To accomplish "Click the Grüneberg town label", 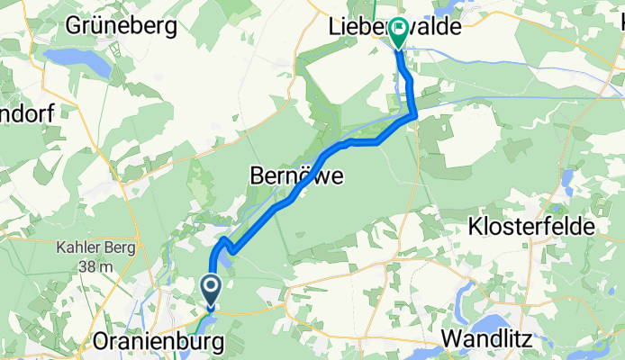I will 121,27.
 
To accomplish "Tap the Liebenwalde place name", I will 393,29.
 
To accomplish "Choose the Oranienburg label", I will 149,343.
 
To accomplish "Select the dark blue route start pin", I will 210,290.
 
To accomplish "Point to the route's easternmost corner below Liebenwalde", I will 414,114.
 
